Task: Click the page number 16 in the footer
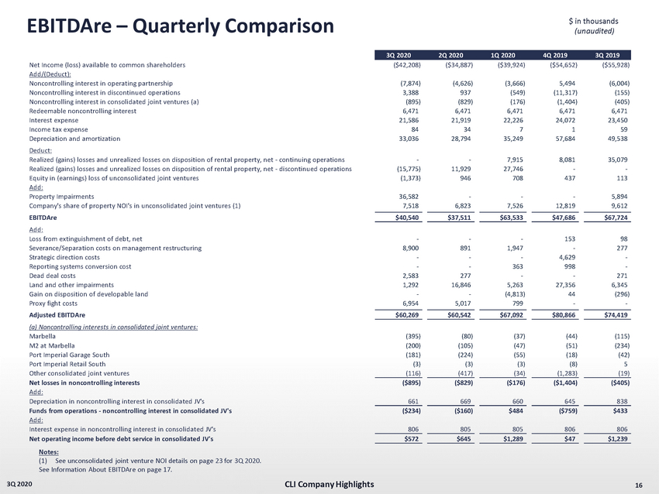point(638,485)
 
